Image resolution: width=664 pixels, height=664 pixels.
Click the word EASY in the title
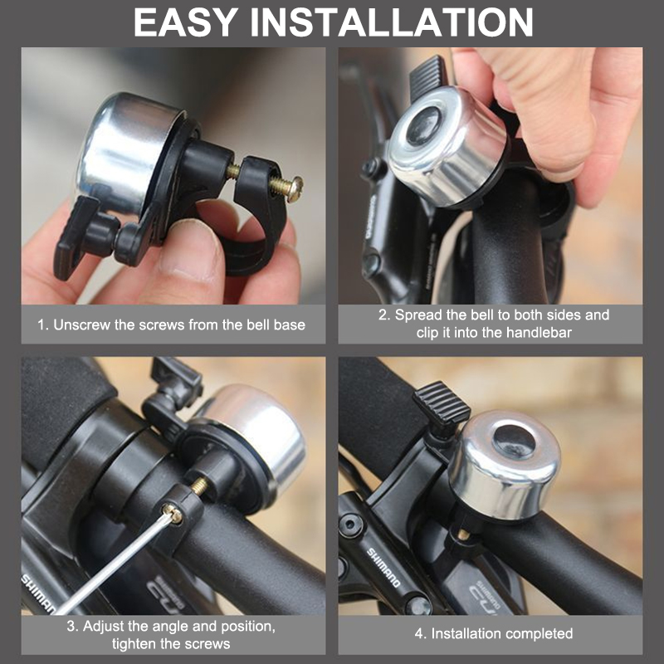click(185, 22)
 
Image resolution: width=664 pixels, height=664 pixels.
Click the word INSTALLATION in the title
click(392, 22)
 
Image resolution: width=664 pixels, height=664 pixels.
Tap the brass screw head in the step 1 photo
click(295, 188)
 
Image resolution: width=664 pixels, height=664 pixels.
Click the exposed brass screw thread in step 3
click(199, 486)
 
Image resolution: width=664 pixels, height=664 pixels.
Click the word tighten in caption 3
click(134, 644)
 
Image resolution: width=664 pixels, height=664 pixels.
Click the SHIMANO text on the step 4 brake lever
click(383, 568)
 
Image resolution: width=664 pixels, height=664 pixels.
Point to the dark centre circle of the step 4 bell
click(515, 441)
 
